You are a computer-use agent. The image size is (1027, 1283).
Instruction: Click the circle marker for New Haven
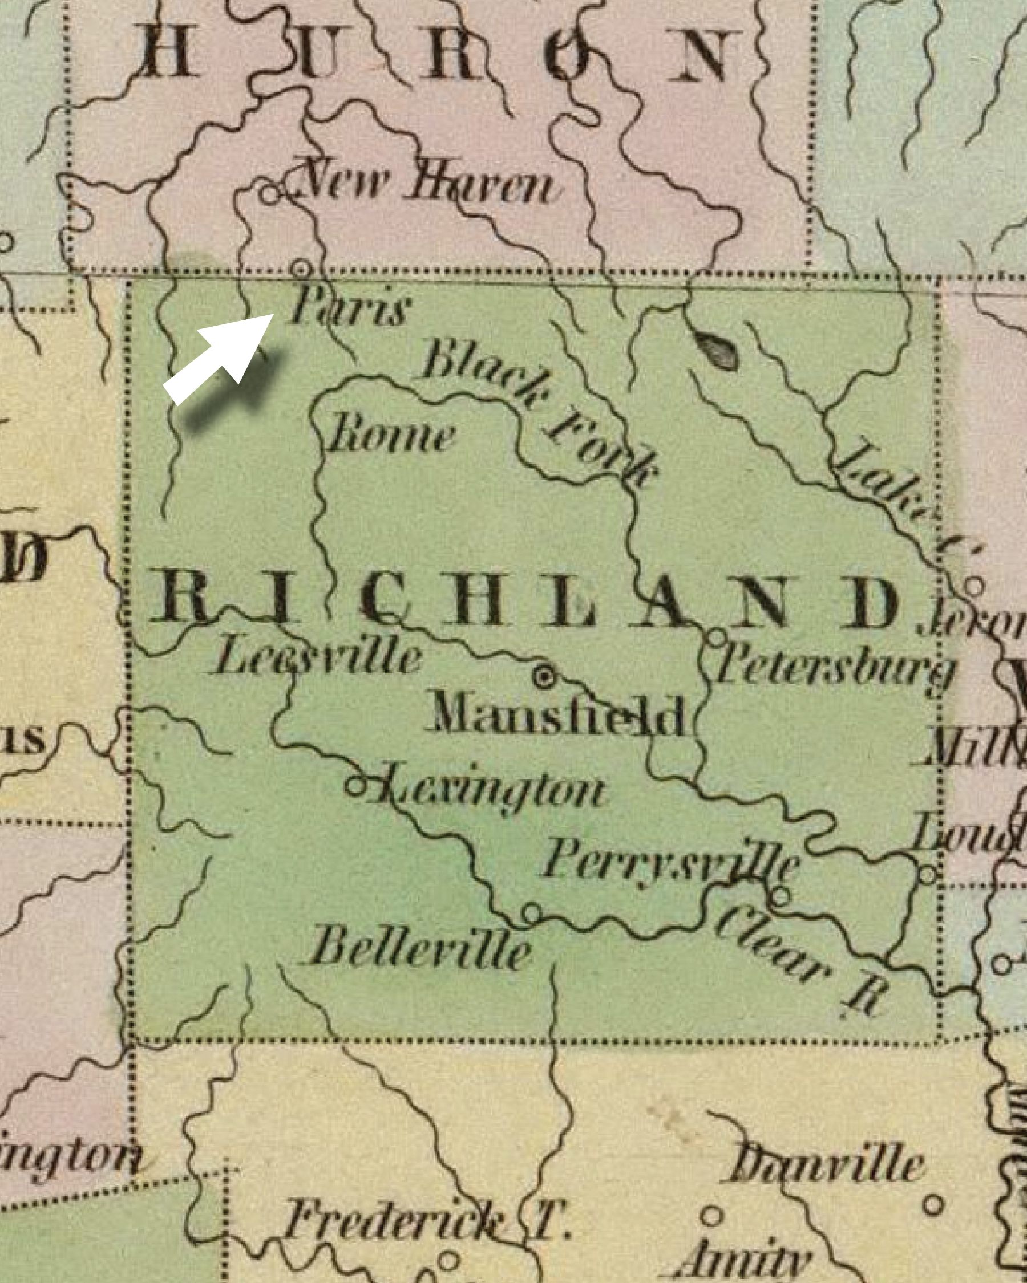[x=272, y=193]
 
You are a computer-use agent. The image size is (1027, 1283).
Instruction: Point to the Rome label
[x=390, y=436]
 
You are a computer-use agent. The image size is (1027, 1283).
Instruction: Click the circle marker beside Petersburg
[x=717, y=638]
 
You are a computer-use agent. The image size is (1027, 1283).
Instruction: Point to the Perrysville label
[x=670, y=863]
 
